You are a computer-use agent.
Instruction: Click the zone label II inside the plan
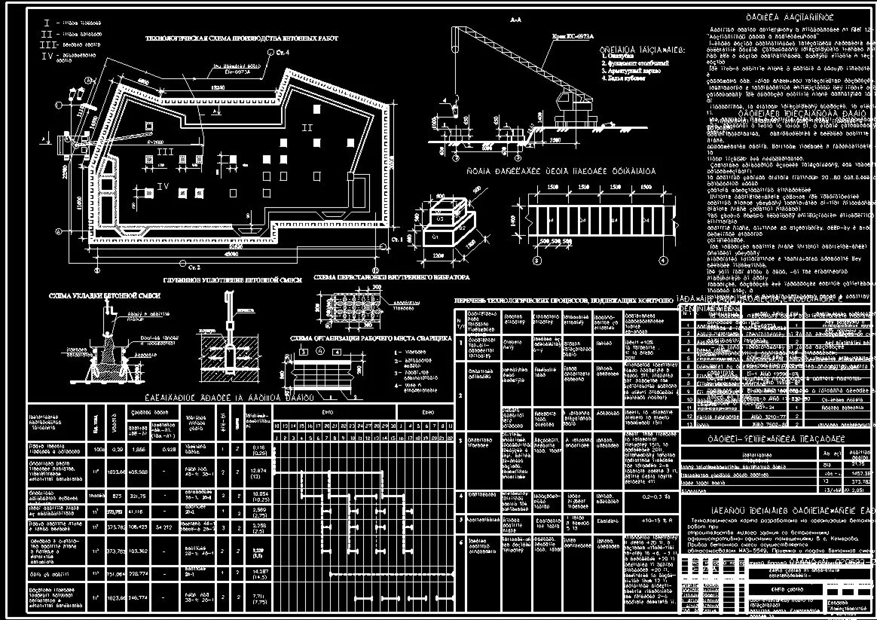tap(307, 128)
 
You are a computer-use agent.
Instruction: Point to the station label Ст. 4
tap(282, 52)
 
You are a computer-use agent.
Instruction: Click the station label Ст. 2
tap(194, 267)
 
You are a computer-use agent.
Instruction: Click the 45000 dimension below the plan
tap(232, 254)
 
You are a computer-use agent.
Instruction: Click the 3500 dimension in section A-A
tap(556, 140)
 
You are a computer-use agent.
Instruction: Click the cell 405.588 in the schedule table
tap(137, 472)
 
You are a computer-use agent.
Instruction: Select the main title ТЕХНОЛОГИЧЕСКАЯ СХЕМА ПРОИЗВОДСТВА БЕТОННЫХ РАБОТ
tap(241, 38)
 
